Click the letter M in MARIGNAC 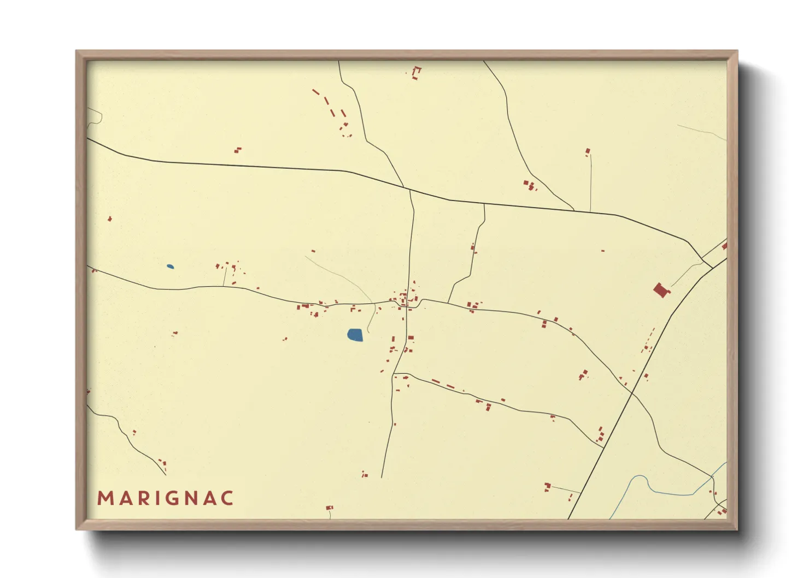tap(105, 498)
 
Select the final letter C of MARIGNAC tap(227, 498)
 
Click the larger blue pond tap(355, 335)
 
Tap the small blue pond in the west tap(170, 267)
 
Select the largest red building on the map tap(661, 290)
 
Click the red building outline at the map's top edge tap(417, 73)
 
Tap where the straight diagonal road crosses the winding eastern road tap(632, 392)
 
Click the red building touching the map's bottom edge tap(329, 508)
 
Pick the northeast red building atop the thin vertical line tap(588, 151)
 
